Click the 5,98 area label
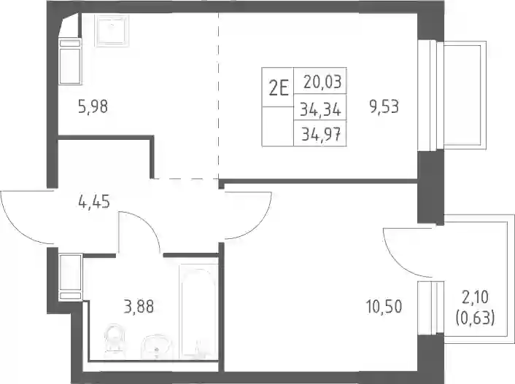(x=93, y=107)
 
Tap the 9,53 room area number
(x=384, y=107)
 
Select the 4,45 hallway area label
(x=94, y=201)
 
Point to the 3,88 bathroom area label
(x=139, y=307)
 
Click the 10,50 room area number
(x=384, y=307)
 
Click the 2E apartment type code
(x=279, y=88)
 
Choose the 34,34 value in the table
(x=320, y=109)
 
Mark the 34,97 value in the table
(x=321, y=134)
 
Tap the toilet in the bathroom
(x=115, y=339)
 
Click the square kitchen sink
(x=112, y=30)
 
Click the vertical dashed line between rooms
(x=218, y=95)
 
